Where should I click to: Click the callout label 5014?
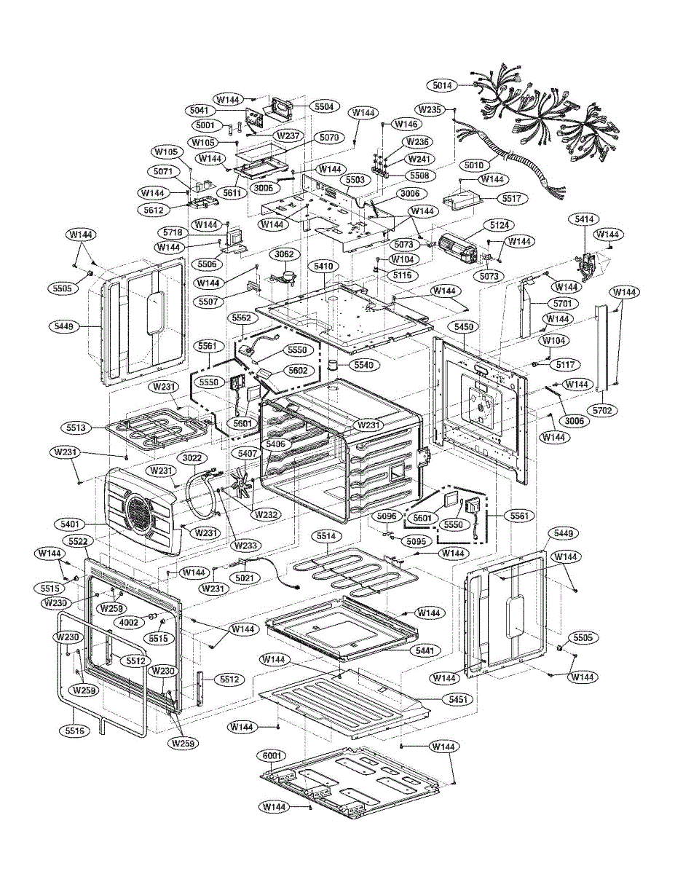click(x=442, y=85)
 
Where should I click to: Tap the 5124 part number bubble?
click(x=500, y=225)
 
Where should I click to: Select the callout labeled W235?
click(x=430, y=109)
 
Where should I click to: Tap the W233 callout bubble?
click(x=245, y=546)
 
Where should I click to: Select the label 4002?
click(x=129, y=622)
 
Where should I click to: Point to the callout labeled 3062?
click(x=284, y=254)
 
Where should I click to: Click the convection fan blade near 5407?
click(x=242, y=484)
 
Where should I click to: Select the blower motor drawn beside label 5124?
click(x=458, y=247)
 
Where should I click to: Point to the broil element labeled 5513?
click(x=159, y=428)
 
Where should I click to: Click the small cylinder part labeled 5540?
click(x=333, y=365)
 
